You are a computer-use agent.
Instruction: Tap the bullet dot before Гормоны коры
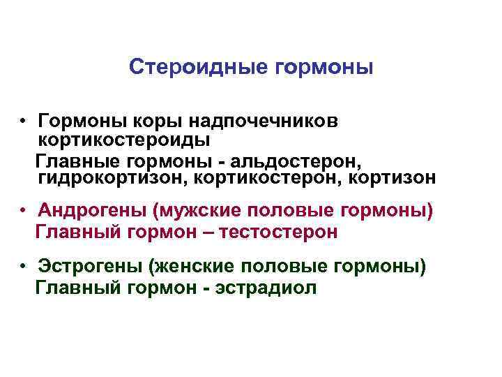24,122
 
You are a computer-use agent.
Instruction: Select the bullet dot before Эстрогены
24,267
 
